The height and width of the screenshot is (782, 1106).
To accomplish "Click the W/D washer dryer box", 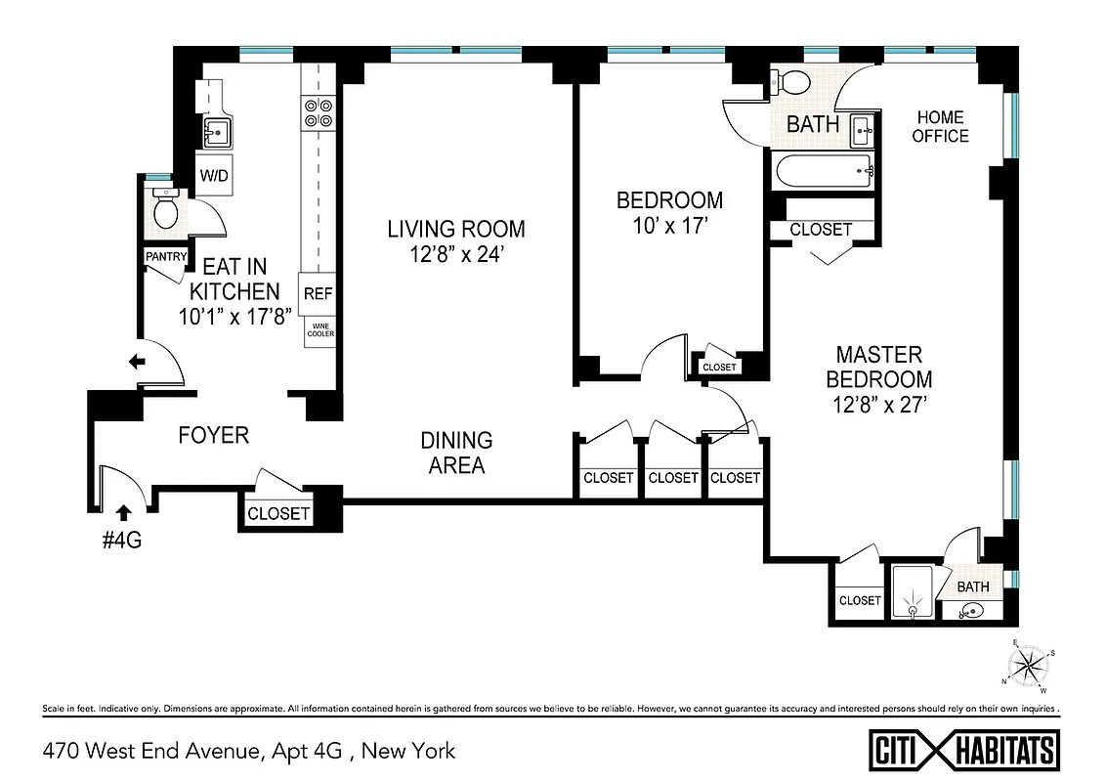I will click(214, 176).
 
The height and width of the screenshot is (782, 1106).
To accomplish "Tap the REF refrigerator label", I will click(318, 293).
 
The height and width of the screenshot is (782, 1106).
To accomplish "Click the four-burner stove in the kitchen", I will click(318, 113).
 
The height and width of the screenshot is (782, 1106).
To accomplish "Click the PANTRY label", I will click(165, 256).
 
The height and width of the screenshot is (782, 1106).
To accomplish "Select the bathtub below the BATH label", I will click(823, 172).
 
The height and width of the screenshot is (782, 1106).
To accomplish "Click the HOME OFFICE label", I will click(940, 127).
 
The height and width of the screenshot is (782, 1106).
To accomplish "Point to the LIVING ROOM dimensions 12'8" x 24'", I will click(455, 257).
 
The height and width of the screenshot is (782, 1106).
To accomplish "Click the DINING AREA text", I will click(456, 453).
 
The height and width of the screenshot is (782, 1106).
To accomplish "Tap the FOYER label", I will click(213, 435).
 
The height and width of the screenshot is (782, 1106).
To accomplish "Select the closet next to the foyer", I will click(278, 513).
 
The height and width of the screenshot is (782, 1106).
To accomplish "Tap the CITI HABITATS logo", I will click(963, 751).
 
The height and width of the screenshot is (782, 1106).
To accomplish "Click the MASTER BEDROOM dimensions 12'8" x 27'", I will click(878, 404).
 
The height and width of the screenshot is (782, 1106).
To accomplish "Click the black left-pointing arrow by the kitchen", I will click(137, 362).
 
